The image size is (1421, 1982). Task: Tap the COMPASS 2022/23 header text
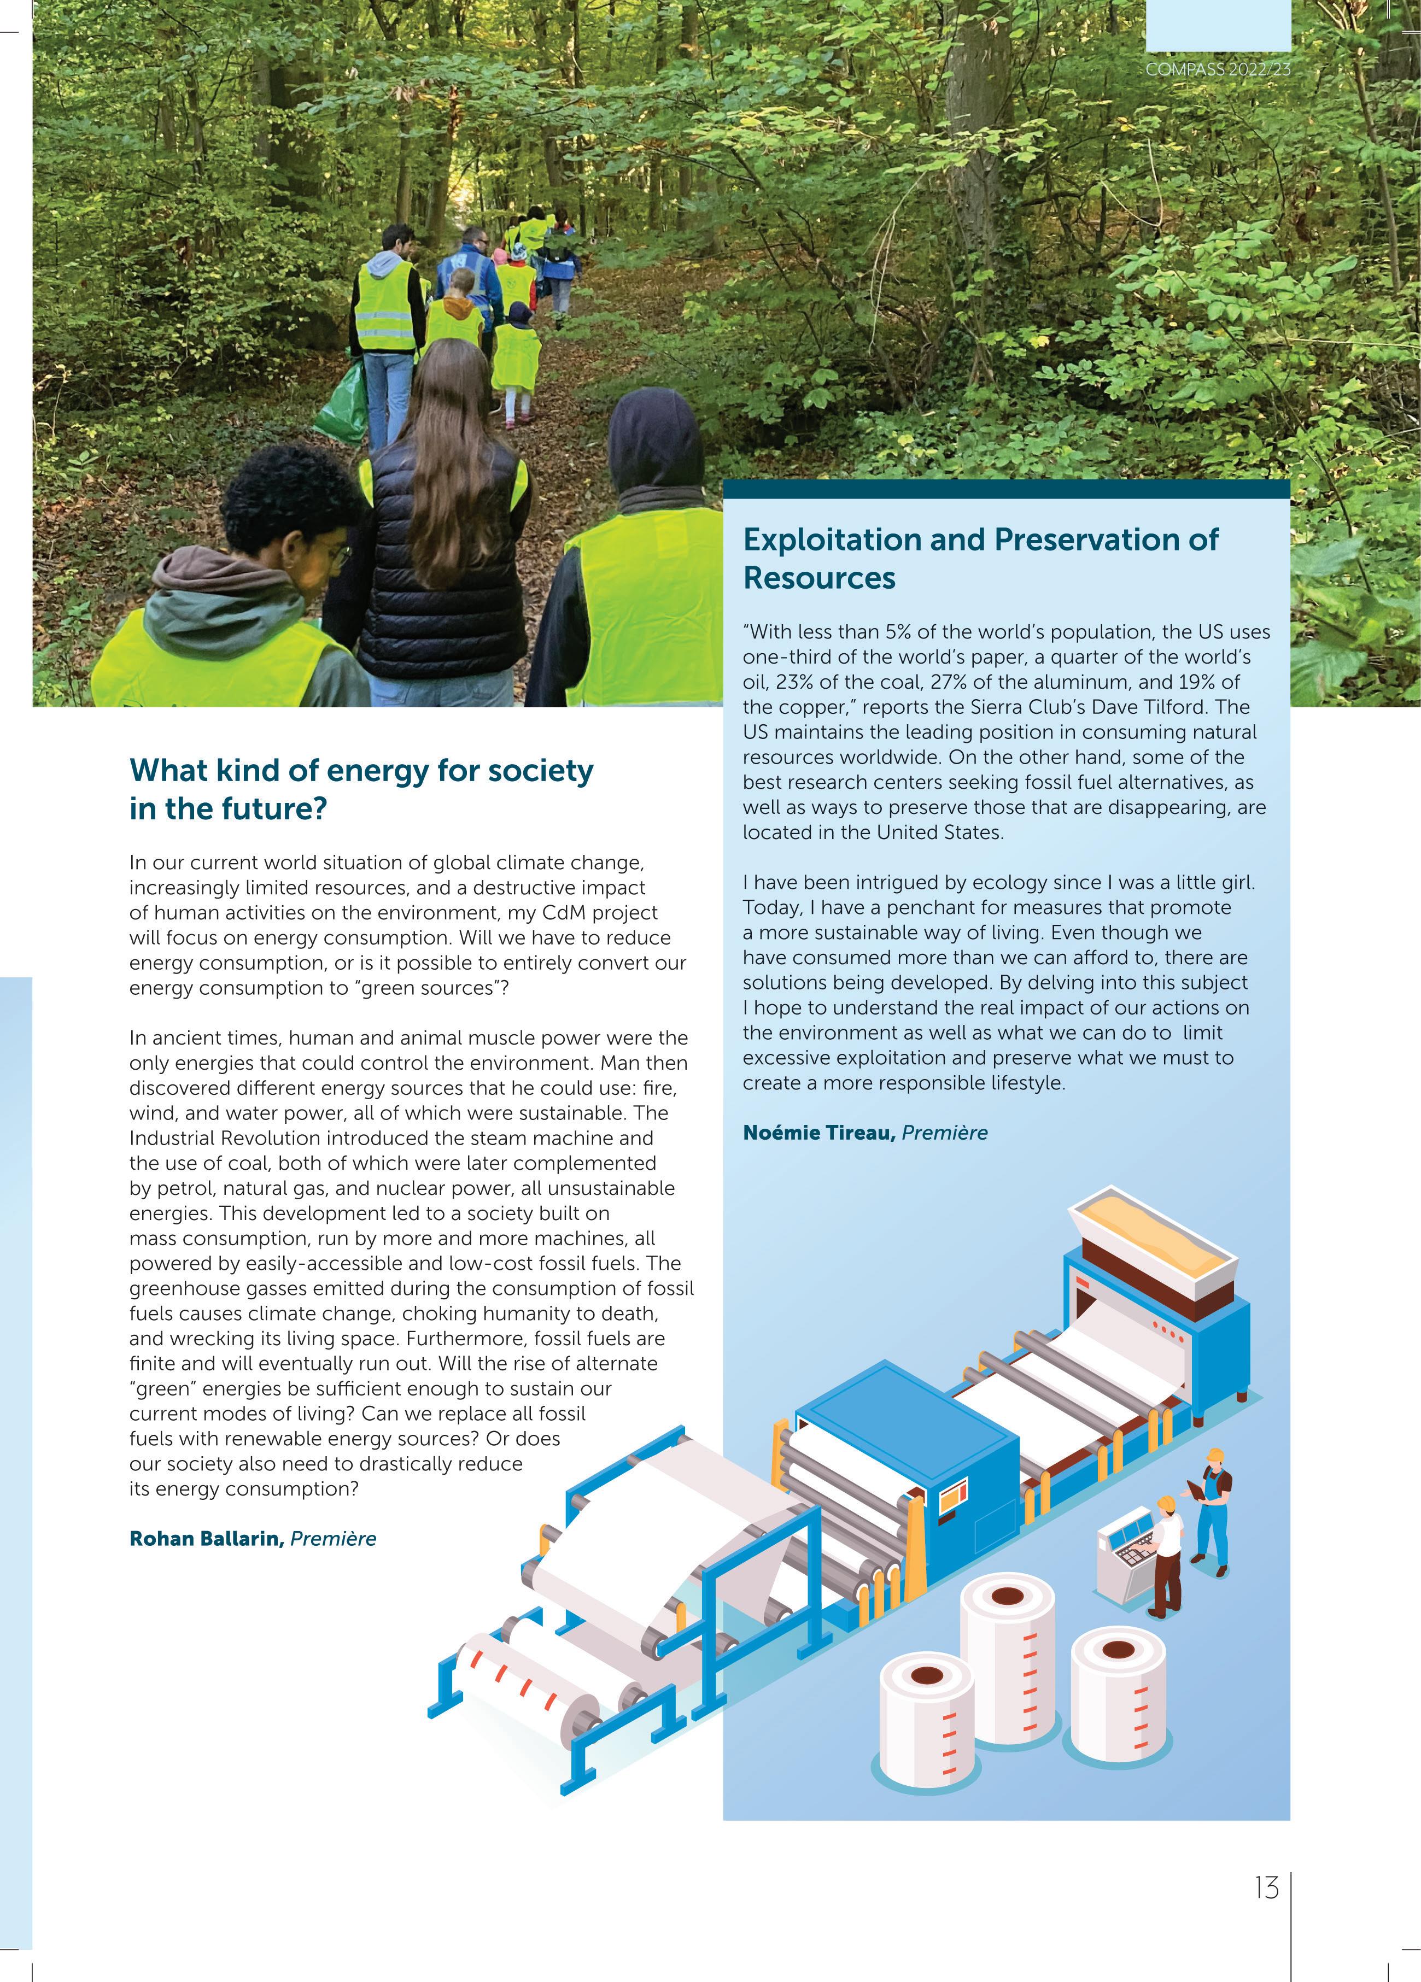pos(1218,69)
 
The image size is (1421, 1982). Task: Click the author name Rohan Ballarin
pos(206,1563)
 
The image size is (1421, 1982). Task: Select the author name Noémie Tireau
pos(819,1133)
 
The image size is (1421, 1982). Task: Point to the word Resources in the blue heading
pos(819,578)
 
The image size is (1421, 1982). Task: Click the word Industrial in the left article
pos(172,1138)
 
